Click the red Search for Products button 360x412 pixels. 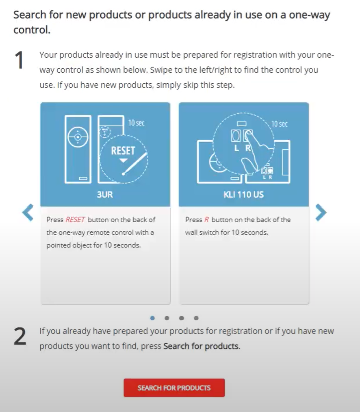click(174, 388)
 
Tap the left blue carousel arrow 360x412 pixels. click(28, 213)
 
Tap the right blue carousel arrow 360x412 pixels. click(321, 213)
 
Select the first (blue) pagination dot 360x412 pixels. click(152, 318)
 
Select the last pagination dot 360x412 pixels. click(196, 318)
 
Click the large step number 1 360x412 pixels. click(20, 60)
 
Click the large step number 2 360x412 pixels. click(20, 336)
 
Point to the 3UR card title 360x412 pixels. click(105, 195)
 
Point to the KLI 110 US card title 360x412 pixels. click(244, 195)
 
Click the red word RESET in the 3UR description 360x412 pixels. click(75, 219)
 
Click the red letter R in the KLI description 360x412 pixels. click(206, 219)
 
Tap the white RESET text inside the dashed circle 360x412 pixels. click(123, 151)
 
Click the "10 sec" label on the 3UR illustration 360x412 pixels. click(136, 123)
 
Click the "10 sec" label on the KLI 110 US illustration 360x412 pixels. click(279, 124)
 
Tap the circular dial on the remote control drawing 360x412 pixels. click(78, 137)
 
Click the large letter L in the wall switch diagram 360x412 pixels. click(236, 148)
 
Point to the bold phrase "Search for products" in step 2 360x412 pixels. click(201, 346)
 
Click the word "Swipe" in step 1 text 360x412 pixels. click(161, 70)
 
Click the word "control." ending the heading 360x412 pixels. click(32, 30)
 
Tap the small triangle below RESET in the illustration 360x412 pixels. click(123, 160)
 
